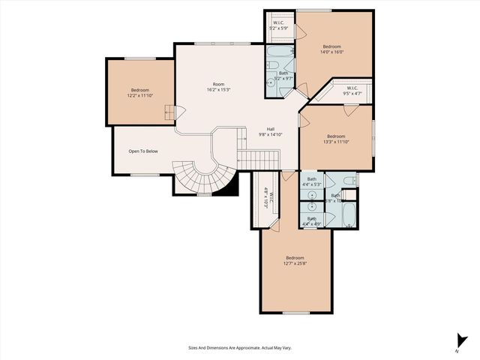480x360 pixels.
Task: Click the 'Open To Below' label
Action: (142, 151)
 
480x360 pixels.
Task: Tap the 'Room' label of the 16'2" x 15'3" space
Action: (218, 84)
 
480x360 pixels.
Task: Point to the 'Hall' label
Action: (270, 129)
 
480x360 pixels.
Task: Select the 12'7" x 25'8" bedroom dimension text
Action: (294, 263)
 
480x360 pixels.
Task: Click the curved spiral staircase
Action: (201, 176)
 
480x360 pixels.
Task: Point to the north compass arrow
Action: (458, 340)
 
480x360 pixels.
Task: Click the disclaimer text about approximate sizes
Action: (240, 348)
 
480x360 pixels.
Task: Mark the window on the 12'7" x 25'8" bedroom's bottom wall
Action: (296, 313)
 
